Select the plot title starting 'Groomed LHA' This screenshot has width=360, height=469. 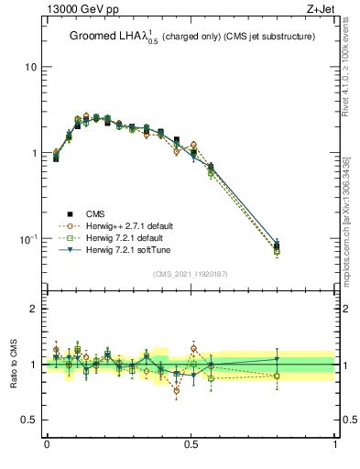coord(191,37)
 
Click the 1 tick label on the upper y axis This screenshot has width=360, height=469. coord(33,153)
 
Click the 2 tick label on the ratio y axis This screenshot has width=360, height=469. coord(33,309)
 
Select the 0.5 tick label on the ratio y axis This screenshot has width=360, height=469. coord(29,420)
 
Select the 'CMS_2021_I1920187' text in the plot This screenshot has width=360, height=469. coord(191,274)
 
